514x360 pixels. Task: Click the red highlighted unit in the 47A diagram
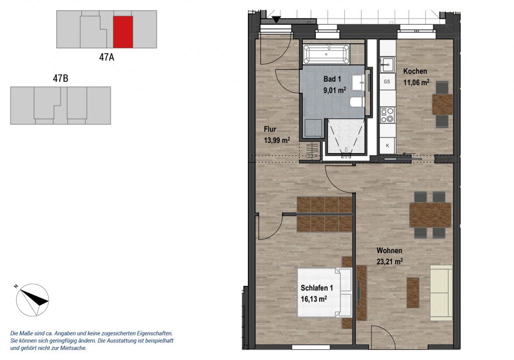point(123,32)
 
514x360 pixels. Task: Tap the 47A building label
point(106,57)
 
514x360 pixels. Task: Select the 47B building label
point(61,79)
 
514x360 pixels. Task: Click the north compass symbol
point(33,300)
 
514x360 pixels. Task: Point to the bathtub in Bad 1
point(326,54)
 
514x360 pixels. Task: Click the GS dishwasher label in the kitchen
point(387,81)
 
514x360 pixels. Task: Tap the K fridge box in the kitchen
point(388,145)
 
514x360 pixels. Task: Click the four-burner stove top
point(388,115)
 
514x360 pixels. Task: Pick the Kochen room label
point(415,71)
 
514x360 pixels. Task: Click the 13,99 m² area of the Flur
point(277,140)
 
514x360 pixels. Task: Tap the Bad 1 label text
point(332,79)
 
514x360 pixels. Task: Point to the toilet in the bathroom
point(357,101)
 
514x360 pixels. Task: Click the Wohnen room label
point(390,251)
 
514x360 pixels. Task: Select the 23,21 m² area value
point(390,261)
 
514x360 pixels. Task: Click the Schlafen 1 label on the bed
point(317,288)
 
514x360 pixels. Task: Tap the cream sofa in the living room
point(442,293)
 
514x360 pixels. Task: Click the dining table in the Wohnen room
point(430,215)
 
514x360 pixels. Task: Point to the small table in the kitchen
point(442,104)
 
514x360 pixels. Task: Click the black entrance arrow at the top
point(277,20)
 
